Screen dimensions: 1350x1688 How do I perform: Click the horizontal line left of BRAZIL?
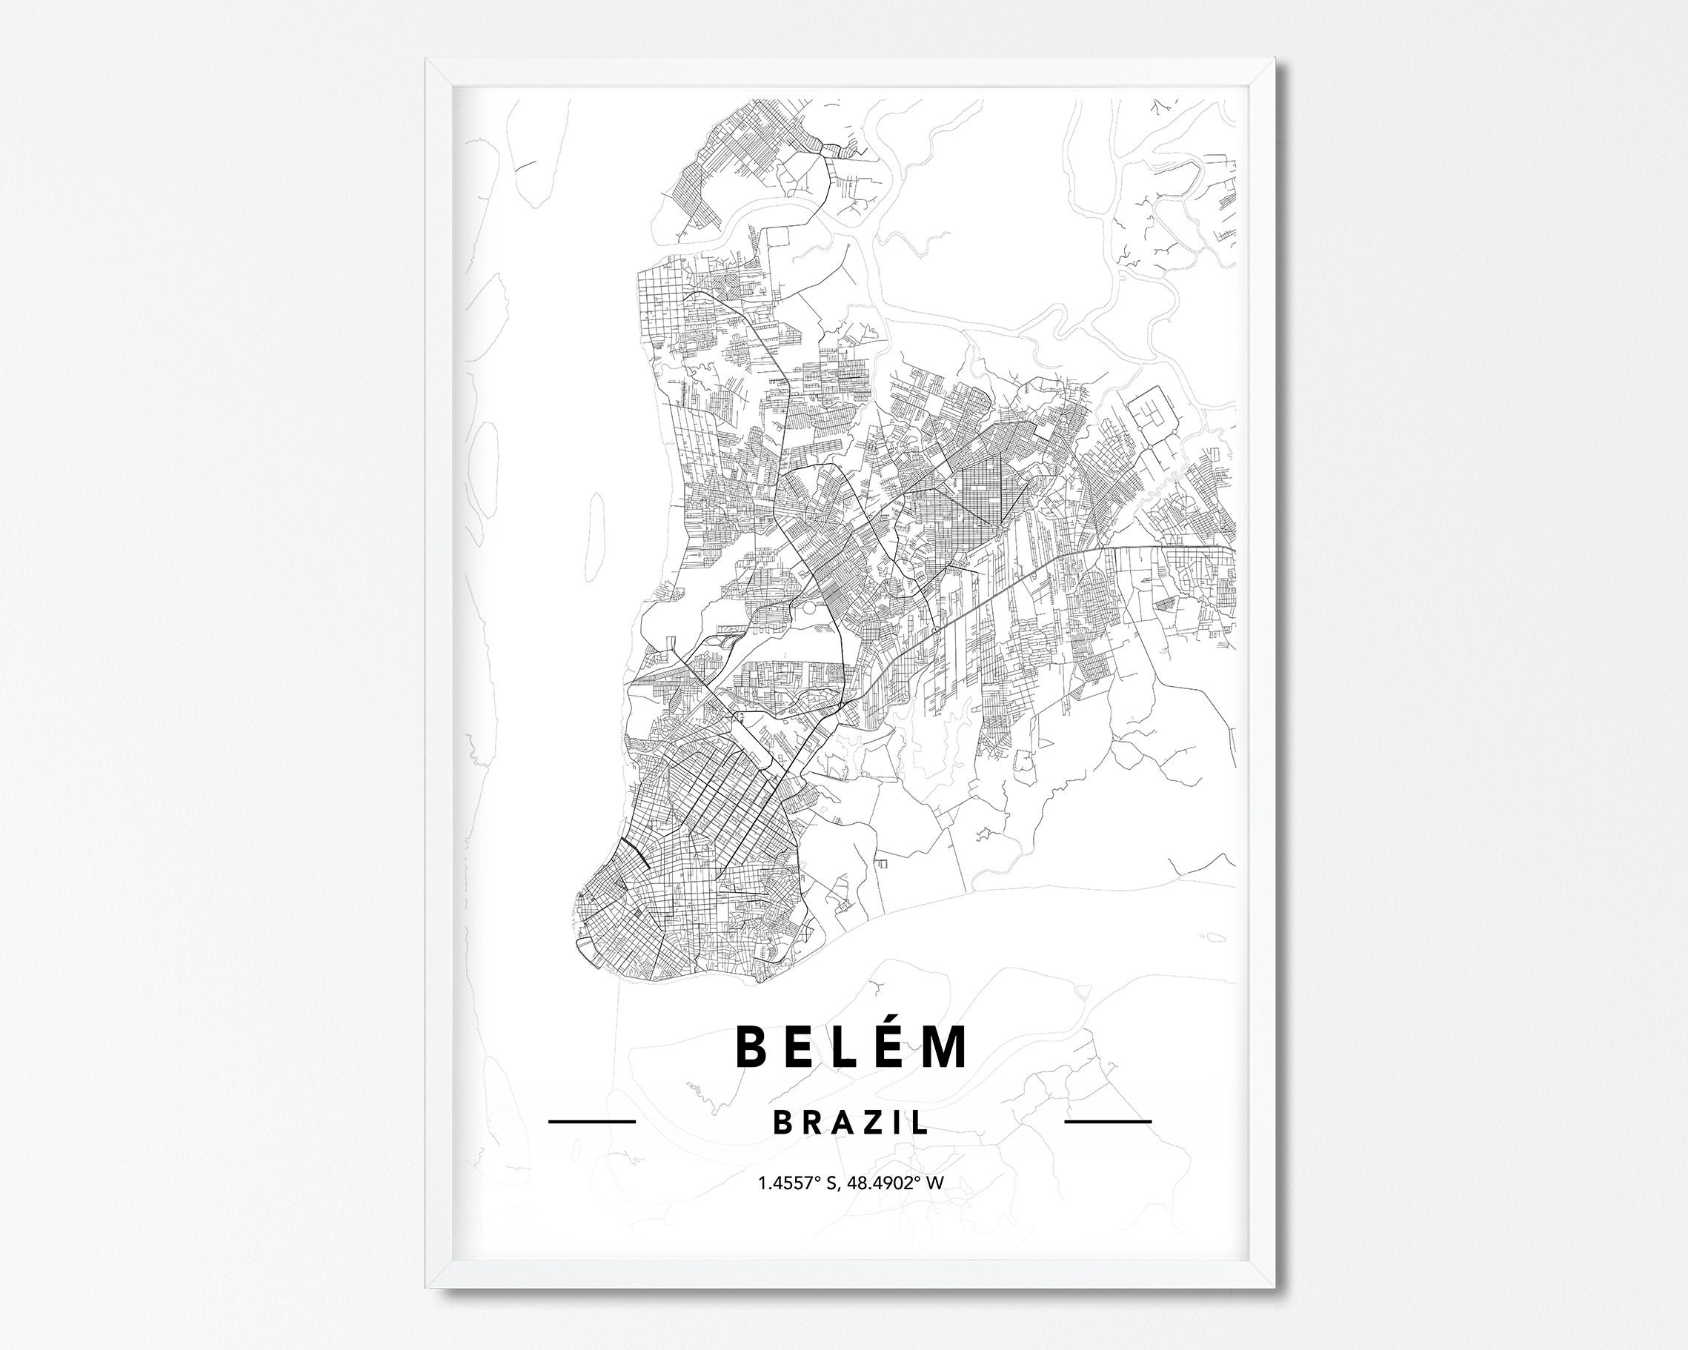(592, 1121)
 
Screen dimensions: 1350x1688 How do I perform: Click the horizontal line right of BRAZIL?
(1108, 1121)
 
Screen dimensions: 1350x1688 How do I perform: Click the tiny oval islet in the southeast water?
(1213, 937)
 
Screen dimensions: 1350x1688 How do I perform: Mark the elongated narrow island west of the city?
(596, 536)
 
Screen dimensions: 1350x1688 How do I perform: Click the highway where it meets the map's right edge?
(1234, 549)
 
